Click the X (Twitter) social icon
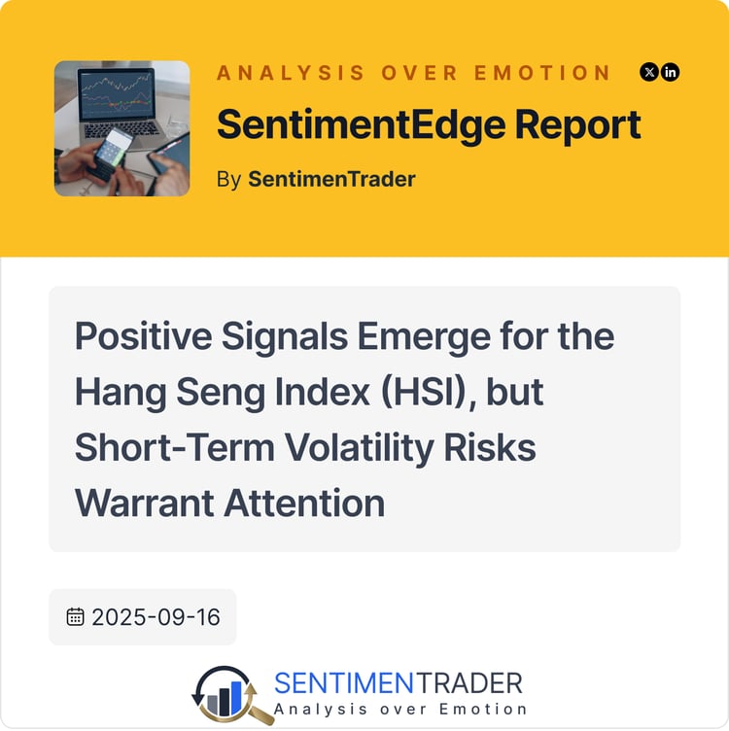pyautogui.click(x=649, y=72)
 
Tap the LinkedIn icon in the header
pyautogui.click(x=670, y=72)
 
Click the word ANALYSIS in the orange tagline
pyautogui.click(x=291, y=73)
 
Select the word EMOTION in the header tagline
pyautogui.click(x=542, y=73)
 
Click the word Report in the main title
pyautogui.click(x=578, y=125)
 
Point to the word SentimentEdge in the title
pyautogui.click(x=362, y=124)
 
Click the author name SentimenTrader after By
pyautogui.click(x=331, y=179)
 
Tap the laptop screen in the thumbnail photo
pyautogui.click(x=118, y=93)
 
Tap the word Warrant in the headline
pyautogui.click(x=144, y=503)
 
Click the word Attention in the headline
pyautogui.click(x=305, y=503)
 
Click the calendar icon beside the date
pyautogui.click(x=75, y=616)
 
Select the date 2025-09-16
pyautogui.click(x=156, y=617)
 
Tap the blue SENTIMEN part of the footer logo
pyautogui.click(x=344, y=683)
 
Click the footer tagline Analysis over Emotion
pyautogui.click(x=399, y=709)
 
